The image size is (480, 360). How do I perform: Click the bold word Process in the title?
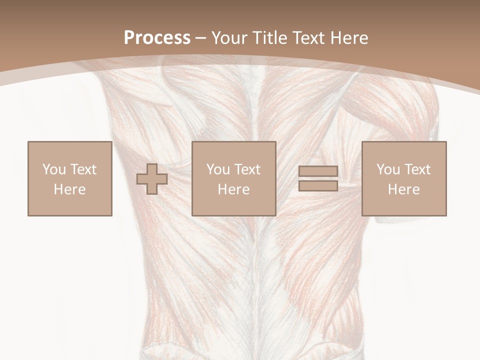(157, 37)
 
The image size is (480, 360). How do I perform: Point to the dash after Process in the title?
(201, 38)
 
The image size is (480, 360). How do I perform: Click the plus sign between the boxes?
(152, 179)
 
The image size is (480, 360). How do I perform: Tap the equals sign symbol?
(318, 179)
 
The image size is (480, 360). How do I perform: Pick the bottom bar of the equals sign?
(318, 186)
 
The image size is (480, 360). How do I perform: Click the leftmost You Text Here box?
(69, 179)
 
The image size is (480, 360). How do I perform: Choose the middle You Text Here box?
(233, 179)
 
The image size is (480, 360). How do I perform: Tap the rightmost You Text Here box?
(403, 179)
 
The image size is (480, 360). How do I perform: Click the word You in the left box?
(53, 169)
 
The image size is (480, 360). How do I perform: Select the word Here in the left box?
(69, 189)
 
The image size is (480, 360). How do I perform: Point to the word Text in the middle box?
(247, 169)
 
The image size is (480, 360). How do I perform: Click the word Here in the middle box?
(233, 189)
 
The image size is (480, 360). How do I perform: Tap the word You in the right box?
(387, 169)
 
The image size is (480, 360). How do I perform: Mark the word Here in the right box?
(403, 189)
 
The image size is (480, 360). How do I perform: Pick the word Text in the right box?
(417, 169)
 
